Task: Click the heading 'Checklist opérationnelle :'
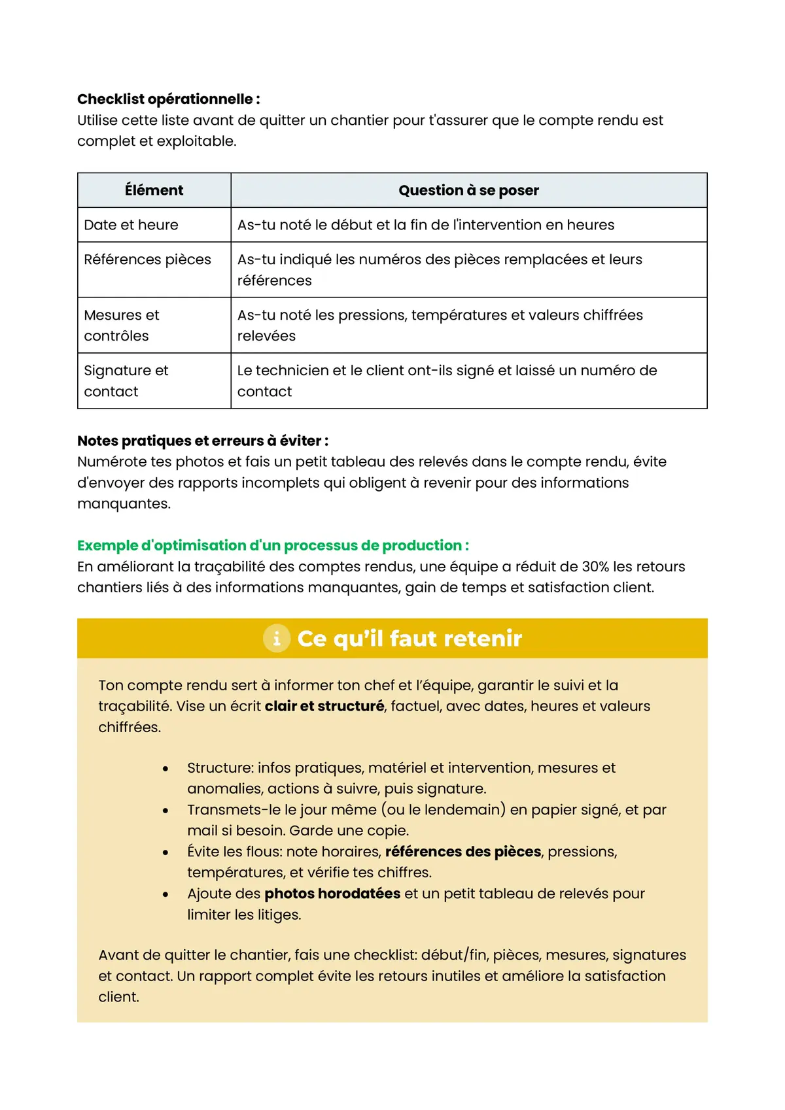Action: point(169,99)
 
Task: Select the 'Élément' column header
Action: point(154,190)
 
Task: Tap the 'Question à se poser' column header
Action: point(468,190)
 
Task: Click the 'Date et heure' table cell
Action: point(131,225)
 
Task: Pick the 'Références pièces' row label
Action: point(147,260)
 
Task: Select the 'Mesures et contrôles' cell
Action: point(122,326)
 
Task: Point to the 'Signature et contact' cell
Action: point(126,381)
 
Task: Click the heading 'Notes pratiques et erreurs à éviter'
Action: point(203,441)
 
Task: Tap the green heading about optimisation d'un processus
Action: point(273,545)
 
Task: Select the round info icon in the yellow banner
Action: point(277,638)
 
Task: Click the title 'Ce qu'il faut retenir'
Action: point(410,639)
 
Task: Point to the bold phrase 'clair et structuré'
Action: point(324,706)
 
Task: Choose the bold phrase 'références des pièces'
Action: point(463,852)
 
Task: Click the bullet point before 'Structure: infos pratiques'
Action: point(166,769)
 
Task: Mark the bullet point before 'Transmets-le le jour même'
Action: point(166,811)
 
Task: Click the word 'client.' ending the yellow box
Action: point(118,997)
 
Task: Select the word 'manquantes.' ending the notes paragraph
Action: point(124,504)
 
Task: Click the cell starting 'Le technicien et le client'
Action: point(447,381)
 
